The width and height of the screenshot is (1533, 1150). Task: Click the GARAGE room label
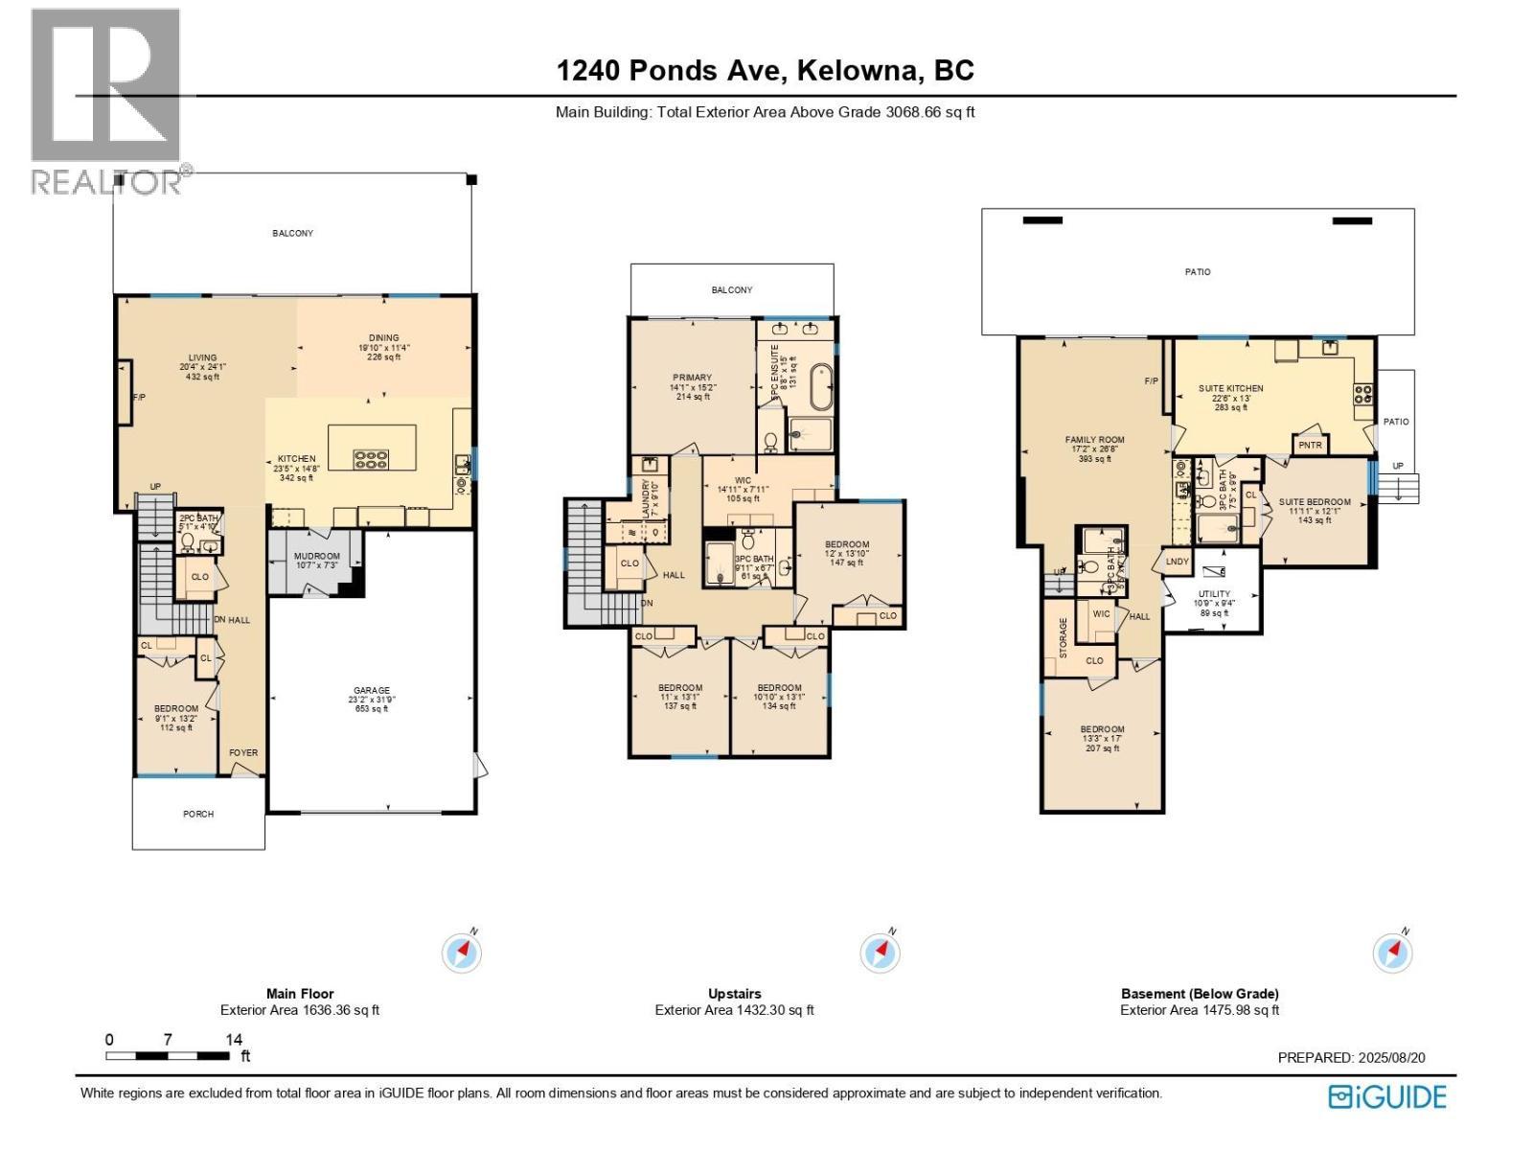[x=372, y=690]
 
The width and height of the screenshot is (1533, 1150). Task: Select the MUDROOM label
[x=316, y=556]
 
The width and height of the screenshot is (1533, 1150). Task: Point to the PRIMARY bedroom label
[x=691, y=378]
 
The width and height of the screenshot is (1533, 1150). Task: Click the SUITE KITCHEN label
[x=1230, y=388]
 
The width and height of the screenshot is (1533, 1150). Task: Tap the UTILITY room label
[x=1213, y=594]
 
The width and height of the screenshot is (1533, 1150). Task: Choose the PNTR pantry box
[x=1309, y=446]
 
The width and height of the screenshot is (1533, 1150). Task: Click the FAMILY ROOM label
[x=1094, y=440]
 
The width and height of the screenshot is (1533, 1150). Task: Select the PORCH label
[x=198, y=814]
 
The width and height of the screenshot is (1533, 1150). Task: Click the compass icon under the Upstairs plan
[x=880, y=953]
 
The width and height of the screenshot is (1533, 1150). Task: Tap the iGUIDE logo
[x=1387, y=1096]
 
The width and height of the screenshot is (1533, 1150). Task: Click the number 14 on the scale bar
[x=234, y=1039]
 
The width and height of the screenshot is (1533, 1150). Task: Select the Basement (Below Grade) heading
[x=1200, y=994]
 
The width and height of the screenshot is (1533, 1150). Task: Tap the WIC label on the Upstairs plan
[x=743, y=481]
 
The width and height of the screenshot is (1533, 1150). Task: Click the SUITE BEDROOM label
[x=1315, y=502]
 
